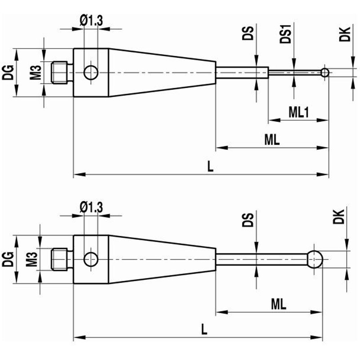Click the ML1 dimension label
pyautogui.click(x=298, y=112)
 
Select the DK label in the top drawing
pyautogui.click(x=345, y=34)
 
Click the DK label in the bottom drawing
pyautogui.click(x=339, y=216)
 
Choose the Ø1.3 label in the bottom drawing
pyautogui.click(x=91, y=207)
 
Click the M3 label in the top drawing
pyautogui.click(x=36, y=72)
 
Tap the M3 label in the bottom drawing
pyautogui.click(x=31, y=259)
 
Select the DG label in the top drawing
pyautogui.click(x=8, y=72)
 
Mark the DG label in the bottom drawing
pyautogui.click(x=8, y=259)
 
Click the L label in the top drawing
pyautogui.click(x=210, y=166)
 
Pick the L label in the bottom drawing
pyautogui.click(x=204, y=329)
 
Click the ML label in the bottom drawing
pyautogui.click(x=279, y=304)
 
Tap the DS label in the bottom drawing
pyautogui.click(x=248, y=220)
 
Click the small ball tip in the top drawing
pyautogui.click(x=324, y=72)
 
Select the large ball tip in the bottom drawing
pyautogui.click(x=315, y=259)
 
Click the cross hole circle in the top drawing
pyautogui.click(x=91, y=72)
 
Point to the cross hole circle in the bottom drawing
pyautogui.click(x=91, y=259)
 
